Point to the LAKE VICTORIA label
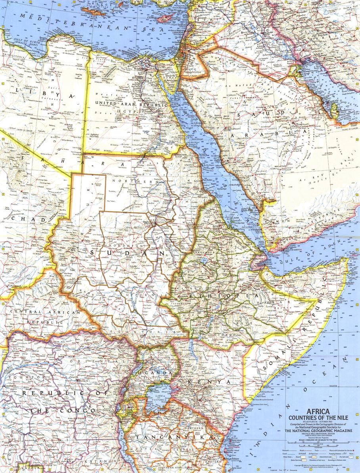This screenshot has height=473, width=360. [158, 398]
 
